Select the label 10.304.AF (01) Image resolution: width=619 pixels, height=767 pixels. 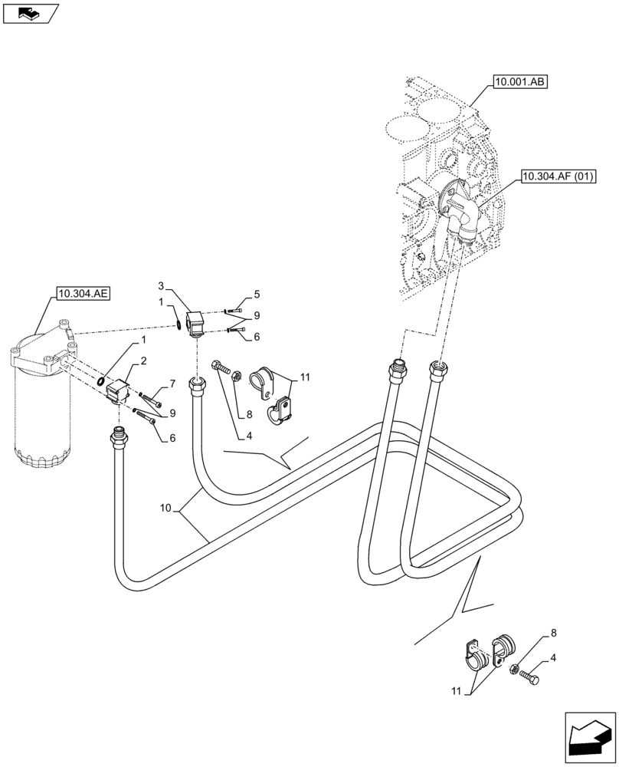point(558,176)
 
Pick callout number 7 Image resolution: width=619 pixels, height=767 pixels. point(173,383)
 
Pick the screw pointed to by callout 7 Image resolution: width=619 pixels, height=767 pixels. point(152,400)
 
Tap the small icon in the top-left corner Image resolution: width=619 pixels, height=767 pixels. point(30,12)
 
